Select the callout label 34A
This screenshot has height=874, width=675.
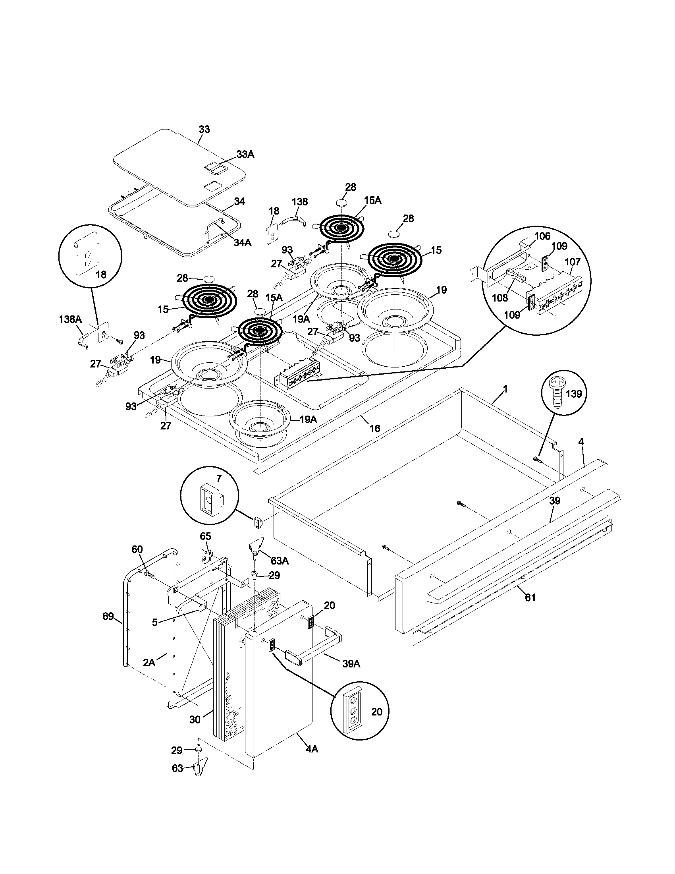tap(243, 242)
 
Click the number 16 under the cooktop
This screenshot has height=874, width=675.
tap(374, 429)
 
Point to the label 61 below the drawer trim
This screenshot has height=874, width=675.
tap(530, 609)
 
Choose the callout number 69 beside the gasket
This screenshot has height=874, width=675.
tap(108, 616)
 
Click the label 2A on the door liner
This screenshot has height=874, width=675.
tap(149, 662)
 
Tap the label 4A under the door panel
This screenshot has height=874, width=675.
tap(312, 749)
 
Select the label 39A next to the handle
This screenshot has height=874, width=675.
tap(351, 664)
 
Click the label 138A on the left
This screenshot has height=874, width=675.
tap(70, 319)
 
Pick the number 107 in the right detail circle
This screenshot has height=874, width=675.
tap(572, 262)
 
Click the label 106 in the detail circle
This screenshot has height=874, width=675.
tap(542, 236)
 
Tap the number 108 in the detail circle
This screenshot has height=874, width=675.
tap(500, 297)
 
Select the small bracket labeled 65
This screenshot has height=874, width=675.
tap(206, 556)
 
